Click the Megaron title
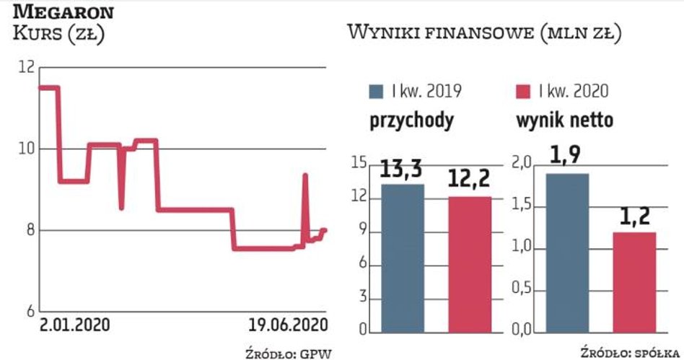pos(63,12)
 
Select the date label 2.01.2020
pos(75,325)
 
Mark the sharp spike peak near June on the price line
pos(305,175)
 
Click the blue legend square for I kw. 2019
pos(377,92)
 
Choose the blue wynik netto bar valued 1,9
pos(566,253)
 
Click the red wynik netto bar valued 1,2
pos(635,282)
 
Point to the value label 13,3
pos(402,172)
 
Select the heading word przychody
pos(412,120)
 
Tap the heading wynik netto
pos(564,120)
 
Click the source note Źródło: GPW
pos(292,351)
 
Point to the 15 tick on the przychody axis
pos(359,164)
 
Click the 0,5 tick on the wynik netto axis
pos(523,290)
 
